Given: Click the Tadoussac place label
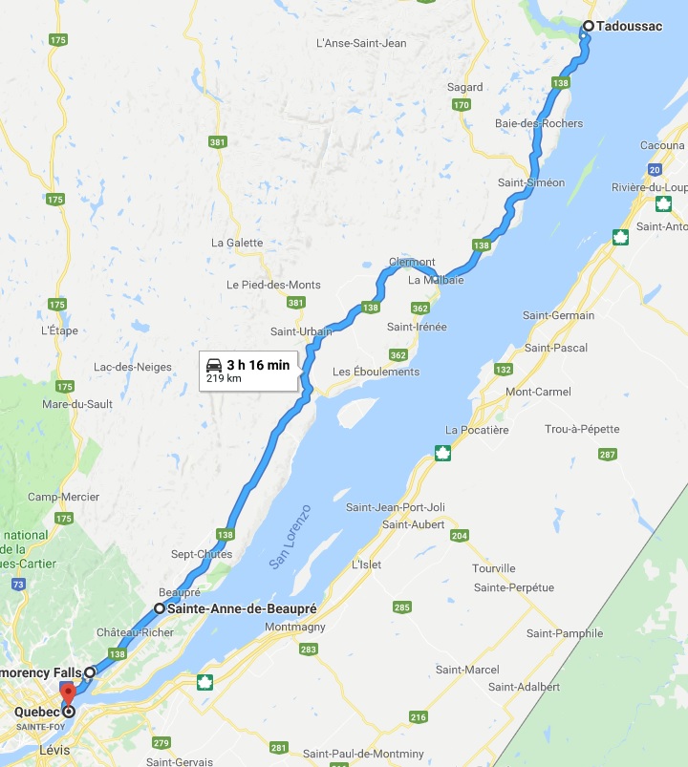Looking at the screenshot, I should click(x=629, y=26).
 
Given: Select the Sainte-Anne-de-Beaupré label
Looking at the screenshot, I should click(x=241, y=608).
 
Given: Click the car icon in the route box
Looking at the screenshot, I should click(x=215, y=365).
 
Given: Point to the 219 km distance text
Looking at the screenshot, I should click(x=223, y=379).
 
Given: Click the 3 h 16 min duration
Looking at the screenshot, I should click(x=258, y=365).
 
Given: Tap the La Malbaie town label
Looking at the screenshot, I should click(x=436, y=281).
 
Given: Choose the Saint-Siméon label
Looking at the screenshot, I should click(x=531, y=182).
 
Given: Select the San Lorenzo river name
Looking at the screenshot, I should click(x=290, y=538).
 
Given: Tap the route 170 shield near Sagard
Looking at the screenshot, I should click(x=462, y=105).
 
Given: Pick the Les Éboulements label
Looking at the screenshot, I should click(x=376, y=372).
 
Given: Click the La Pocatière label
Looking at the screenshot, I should click(x=477, y=430).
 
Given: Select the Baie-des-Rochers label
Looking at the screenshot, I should click(x=539, y=123).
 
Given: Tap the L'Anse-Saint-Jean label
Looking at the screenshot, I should click(x=361, y=43).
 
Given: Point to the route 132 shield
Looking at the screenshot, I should click(x=503, y=369).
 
